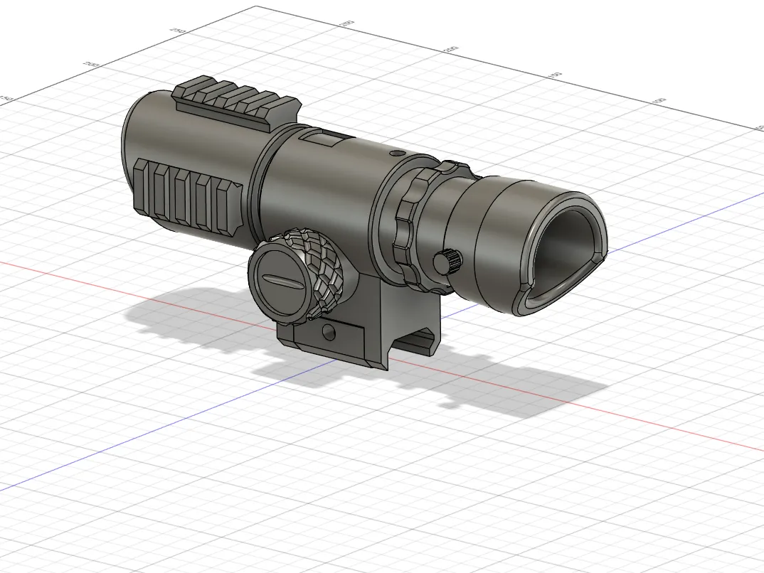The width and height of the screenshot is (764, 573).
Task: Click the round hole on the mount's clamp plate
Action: [327, 331]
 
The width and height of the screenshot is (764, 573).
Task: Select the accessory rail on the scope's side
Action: [188, 192]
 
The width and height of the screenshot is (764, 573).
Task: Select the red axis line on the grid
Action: [640, 419]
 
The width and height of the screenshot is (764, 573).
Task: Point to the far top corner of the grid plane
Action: [256, 7]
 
